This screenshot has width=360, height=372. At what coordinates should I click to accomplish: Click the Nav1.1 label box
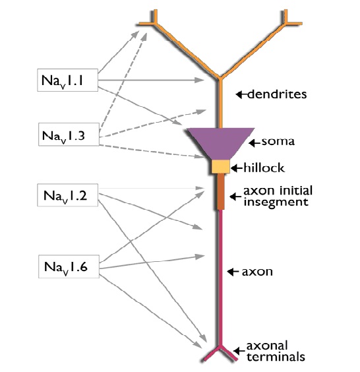68,80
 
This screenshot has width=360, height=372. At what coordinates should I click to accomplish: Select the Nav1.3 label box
69,135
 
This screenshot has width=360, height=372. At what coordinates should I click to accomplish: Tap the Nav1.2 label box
68,195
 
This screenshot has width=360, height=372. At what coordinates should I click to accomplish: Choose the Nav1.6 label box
69,266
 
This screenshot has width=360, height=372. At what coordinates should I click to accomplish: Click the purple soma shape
221,142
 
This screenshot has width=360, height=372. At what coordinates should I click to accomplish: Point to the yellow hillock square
221,167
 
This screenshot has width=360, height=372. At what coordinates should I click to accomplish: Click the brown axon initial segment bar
221,192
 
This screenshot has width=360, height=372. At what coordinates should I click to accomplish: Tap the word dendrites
277,94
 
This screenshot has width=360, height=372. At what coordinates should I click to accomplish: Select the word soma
278,141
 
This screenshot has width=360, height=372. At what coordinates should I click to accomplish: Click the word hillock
264,168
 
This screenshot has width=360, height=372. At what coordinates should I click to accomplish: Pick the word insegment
276,202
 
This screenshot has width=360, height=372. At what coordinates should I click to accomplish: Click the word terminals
276,357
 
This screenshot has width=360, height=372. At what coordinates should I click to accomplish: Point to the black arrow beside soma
255,143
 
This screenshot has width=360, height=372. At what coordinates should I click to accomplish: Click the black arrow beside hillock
237,168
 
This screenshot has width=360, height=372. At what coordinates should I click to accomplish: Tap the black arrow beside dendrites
241,94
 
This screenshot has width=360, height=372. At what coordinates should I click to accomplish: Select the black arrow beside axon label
233,272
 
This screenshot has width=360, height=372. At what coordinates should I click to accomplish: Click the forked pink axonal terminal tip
220,354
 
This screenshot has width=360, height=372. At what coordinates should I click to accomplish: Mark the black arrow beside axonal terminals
239,350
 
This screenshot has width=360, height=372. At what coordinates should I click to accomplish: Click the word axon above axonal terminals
257,272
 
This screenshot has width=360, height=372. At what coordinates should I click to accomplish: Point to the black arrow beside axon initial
235,197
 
